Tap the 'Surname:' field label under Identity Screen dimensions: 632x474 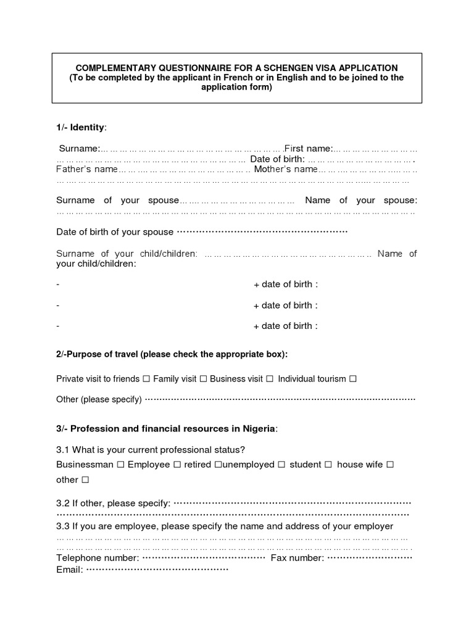tap(79, 149)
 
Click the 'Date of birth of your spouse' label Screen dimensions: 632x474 tap(115, 232)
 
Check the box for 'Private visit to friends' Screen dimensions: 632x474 tap(146, 379)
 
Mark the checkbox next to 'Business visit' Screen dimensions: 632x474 tap(270, 379)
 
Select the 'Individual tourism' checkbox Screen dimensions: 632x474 tap(353, 379)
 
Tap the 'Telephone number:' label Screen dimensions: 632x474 tap(98, 558)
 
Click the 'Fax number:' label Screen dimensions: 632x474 tap(297, 558)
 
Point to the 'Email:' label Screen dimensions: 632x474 tap(69, 569)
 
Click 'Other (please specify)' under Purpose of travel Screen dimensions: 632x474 tap(99, 399)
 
